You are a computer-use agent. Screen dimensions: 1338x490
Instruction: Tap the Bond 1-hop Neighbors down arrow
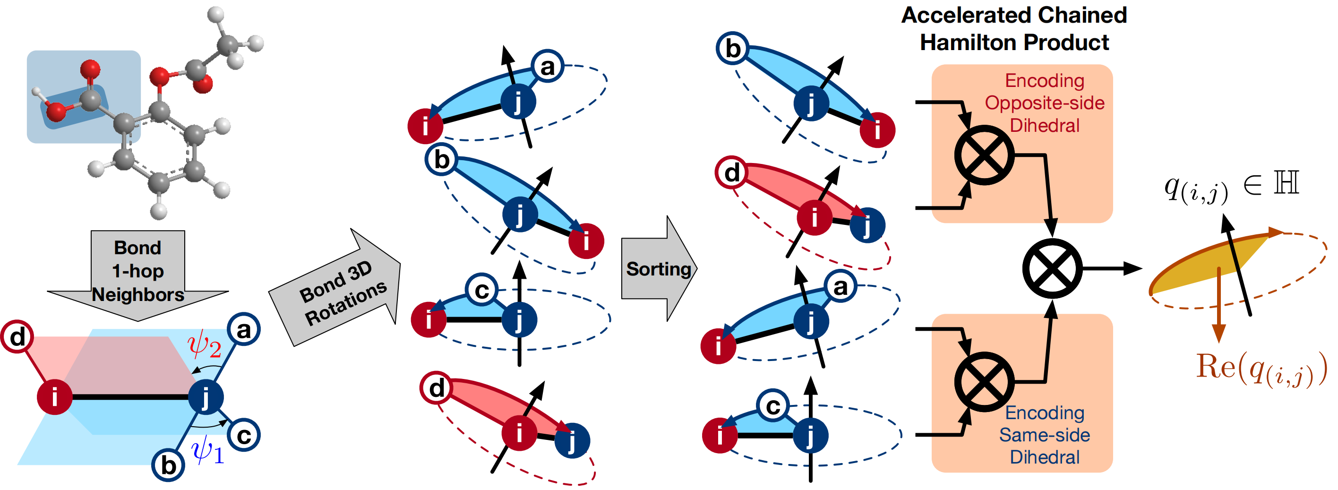pyautogui.click(x=137, y=275)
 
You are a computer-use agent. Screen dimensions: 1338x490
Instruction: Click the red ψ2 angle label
pyautogui.click(x=205, y=345)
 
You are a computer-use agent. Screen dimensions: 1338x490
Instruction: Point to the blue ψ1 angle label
pyautogui.click(x=208, y=449)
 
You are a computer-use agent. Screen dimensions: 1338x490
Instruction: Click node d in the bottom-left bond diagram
pyautogui.click(x=17, y=337)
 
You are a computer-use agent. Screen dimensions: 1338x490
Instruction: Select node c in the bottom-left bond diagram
pyautogui.click(x=244, y=435)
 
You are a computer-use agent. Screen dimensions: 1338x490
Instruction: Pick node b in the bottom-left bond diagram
pyautogui.click(x=168, y=465)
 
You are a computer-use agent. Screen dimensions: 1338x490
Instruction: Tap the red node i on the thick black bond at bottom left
pyautogui.click(x=54, y=397)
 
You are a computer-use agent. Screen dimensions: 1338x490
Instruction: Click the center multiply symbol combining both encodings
pyautogui.click(x=1052, y=269)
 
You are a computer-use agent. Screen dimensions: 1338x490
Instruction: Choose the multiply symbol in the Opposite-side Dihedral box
pyautogui.click(x=984, y=155)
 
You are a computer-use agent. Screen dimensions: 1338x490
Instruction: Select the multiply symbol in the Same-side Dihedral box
pyautogui.click(x=984, y=381)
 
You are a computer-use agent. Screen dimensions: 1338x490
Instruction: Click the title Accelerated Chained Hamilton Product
pyautogui.click(x=1014, y=28)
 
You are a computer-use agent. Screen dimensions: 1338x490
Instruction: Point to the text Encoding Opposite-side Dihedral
pyautogui.click(x=1045, y=103)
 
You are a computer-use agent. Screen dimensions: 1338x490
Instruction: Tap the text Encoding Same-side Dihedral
pyautogui.click(x=1045, y=435)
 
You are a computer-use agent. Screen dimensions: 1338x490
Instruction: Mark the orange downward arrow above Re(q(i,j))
pyautogui.click(x=1218, y=305)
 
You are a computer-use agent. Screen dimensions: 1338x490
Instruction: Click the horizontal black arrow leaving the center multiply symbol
pyautogui.click(x=1112, y=269)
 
